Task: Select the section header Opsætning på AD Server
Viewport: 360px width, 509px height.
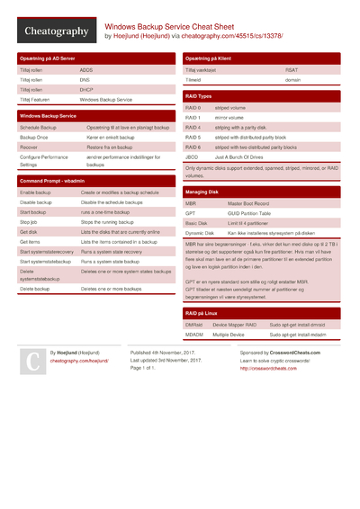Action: tap(49, 58)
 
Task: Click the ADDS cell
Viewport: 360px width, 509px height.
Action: tap(86, 69)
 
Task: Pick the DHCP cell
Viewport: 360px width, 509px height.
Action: tap(86, 90)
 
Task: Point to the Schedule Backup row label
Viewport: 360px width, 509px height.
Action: tap(38, 128)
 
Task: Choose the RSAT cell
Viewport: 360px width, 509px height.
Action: tap(292, 69)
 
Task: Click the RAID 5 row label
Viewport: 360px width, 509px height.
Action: tap(193, 137)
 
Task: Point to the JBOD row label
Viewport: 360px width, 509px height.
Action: tap(193, 156)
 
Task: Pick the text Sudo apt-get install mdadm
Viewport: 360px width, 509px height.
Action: tap(297, 334)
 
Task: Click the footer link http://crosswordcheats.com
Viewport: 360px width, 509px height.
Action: tap(268, 368)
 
